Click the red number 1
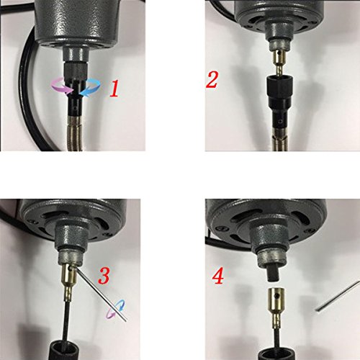113,89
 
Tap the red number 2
212,78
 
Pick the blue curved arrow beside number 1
89,89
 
